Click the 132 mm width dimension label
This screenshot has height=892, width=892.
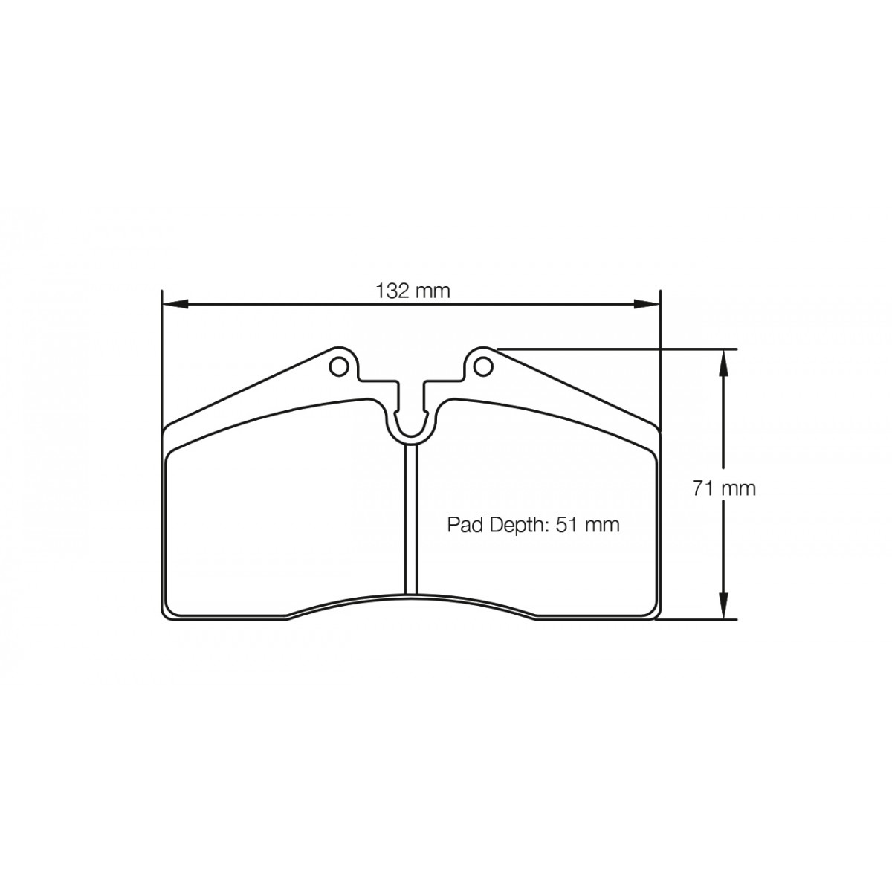click(412, 291)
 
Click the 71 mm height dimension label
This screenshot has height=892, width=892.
click(723, 489)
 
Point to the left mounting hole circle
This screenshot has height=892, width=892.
click(338, 366)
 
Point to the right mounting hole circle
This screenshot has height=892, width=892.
click(483, 366)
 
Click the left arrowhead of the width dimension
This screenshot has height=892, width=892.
click(175, 304)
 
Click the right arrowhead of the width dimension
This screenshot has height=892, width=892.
click(646, 304)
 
